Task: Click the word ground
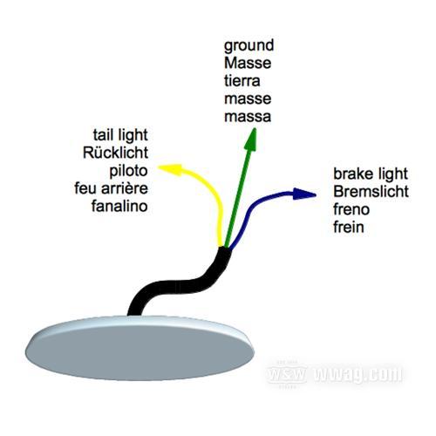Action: [x=249, y=46]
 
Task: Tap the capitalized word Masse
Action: [x=248, y=63]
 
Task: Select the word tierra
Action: [x=242, y=81]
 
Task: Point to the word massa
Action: [x=248, y=117]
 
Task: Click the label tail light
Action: [x=120, y=135]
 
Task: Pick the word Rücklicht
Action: [x=115, y=153]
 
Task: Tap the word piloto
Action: [x=128, y=171]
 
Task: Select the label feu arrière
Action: [x=111, y=188]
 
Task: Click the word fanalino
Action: [x=119, y=206]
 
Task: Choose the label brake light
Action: [x=371, y=174]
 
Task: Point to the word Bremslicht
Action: [x=371, y=192]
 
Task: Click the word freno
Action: [x=351, y=209]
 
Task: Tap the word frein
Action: [x=349, y=227]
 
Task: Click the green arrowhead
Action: [x=250, y=140]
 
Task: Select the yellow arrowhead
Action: [x=170, y=169]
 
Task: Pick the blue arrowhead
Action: [x=304, y=194]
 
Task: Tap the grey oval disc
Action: [x=140, y=348]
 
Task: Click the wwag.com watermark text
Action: [x=358, y=374]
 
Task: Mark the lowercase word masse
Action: [x=248, y=99]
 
